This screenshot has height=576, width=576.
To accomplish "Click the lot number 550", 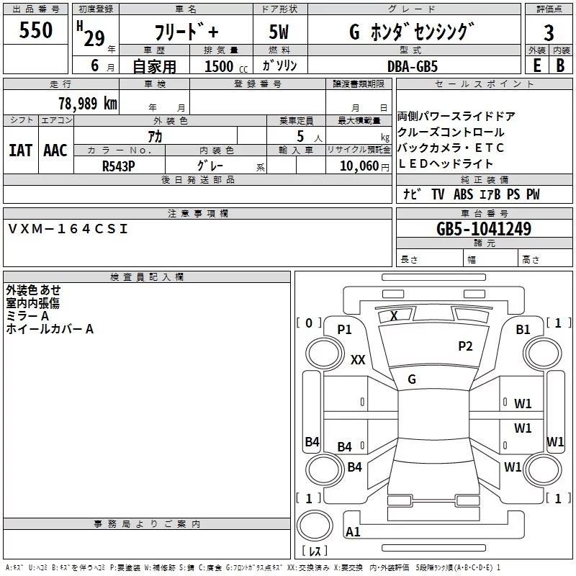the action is (x=35, y=30).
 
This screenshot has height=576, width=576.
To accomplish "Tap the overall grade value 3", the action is (x=549, y=32).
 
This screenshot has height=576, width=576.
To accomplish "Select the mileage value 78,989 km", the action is (x=88, y=103).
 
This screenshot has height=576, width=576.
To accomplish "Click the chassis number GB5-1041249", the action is (x=484, y=229).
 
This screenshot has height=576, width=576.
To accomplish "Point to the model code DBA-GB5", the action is (x=413, y=66).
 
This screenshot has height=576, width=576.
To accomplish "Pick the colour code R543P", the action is (x=118, y=166).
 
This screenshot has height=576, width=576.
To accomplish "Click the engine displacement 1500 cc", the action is (x=226, y=66).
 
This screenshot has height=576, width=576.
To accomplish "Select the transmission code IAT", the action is (x=21, y=150).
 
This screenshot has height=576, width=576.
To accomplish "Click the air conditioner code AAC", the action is (x=55, y=150).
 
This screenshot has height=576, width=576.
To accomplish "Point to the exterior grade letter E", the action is (x=536, y=66).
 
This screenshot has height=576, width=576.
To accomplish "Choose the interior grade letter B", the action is (x=560, y=66).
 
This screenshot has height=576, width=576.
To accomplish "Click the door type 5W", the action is (x=279, y=32).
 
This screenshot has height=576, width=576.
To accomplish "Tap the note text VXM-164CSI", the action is (x=68, y=229).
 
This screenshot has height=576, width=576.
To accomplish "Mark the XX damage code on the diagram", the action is (x=358, y=359).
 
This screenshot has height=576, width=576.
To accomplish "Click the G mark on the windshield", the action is (x=412, y=379).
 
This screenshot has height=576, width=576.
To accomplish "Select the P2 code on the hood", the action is (x=465, y=346).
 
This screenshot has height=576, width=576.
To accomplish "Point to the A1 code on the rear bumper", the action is (x=353, y=531).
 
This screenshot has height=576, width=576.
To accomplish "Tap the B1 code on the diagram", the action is (x=523, y=330).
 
